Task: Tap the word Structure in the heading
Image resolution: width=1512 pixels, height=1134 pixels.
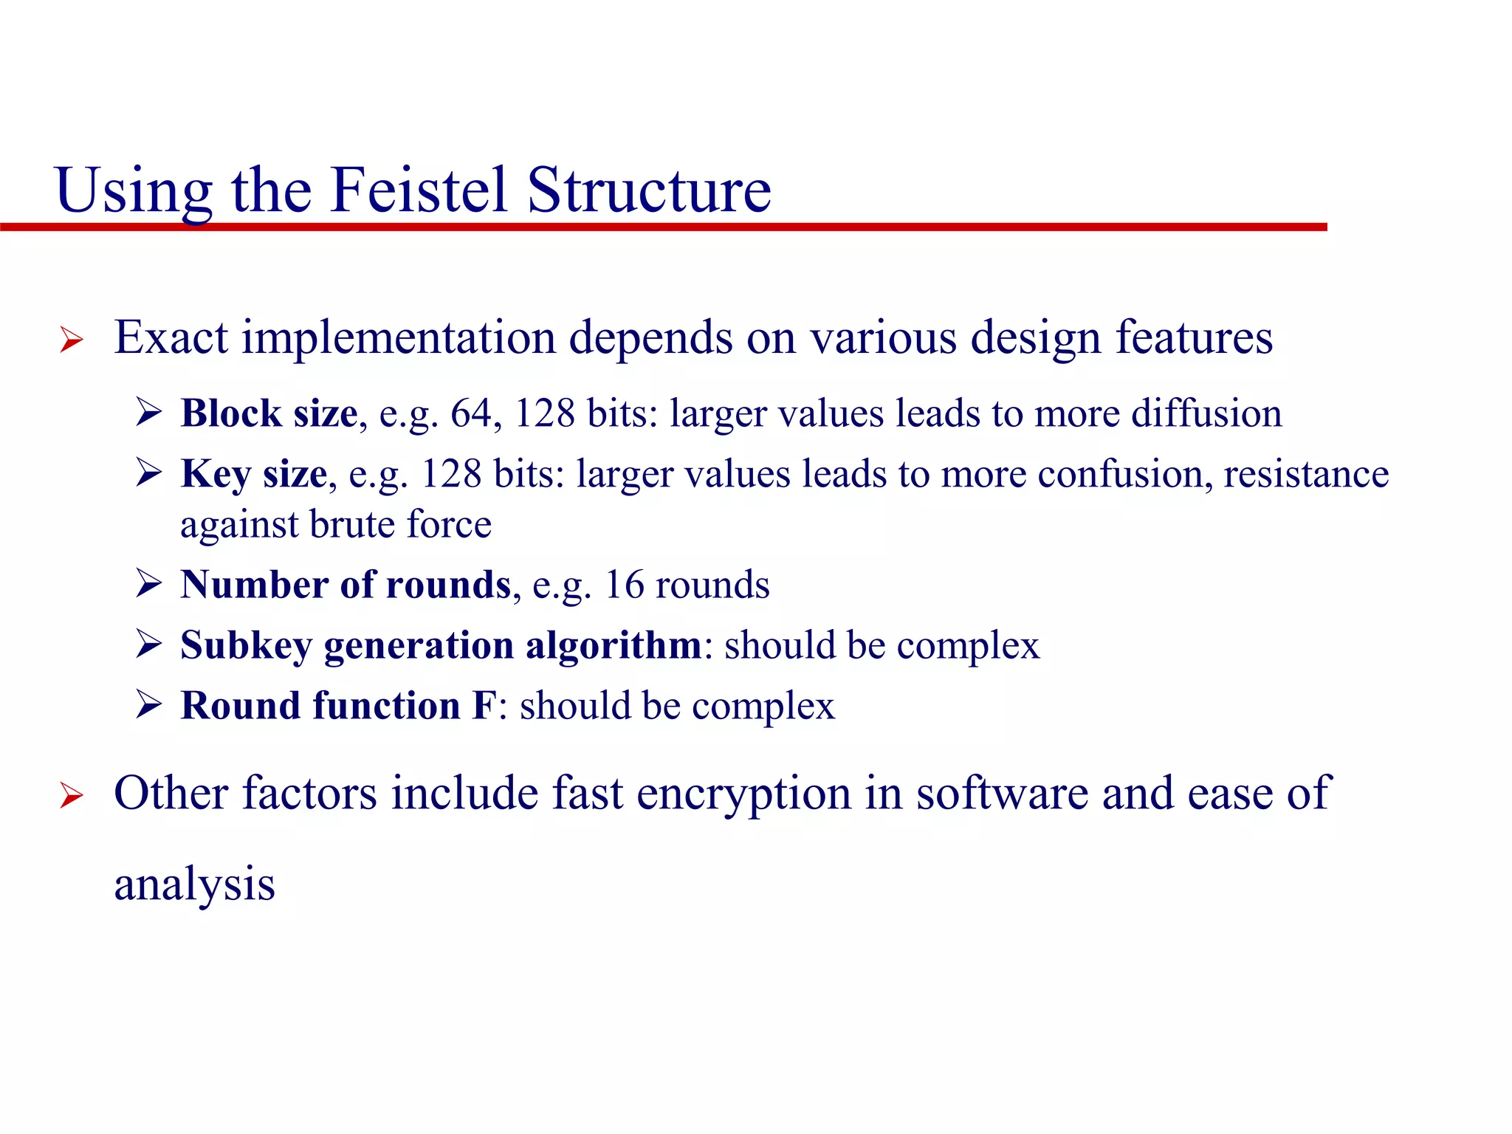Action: click(649, 190)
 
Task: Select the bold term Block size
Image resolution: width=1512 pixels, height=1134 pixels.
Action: click(269, 413)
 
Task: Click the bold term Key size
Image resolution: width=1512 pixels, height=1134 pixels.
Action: click(254, 474)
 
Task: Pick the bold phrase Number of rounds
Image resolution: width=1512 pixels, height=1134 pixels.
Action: click(346, 585)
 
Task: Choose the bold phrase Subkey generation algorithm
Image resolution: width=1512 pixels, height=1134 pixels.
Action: click(441, 645)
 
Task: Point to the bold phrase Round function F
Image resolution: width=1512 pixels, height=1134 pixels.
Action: click(339, 706)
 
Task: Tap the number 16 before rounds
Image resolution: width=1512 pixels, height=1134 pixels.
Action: click(625, 585)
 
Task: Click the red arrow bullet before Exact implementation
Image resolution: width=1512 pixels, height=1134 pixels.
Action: click(72, 340)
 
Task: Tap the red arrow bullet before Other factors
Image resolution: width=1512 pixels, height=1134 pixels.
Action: click(72, 796)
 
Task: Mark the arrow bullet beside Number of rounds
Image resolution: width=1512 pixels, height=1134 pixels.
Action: click(148, 584)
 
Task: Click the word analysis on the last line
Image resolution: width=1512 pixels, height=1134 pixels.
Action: click(194, 884)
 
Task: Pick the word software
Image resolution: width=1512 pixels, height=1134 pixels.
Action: click(1002, 793)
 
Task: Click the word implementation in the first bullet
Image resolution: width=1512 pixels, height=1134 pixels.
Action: click(399, 338)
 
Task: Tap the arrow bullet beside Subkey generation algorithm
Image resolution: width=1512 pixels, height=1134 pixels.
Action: click(148, 645)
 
